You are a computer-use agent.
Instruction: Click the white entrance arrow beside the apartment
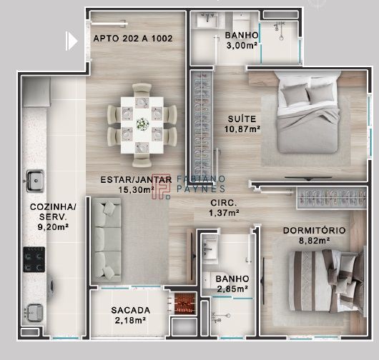(72, 41)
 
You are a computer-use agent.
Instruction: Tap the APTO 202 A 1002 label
(133, 39)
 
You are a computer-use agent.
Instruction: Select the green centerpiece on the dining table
(142, 124)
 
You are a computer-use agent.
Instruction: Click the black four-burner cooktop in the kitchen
(34, 259)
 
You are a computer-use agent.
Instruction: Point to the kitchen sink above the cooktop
(35, 181)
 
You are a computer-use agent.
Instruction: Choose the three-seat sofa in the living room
(107, 240)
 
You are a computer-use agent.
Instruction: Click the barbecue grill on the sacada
(184, 304)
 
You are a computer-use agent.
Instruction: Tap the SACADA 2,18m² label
(131, 315)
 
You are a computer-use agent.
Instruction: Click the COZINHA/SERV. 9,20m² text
(53, 217)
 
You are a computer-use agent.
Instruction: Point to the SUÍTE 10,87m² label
(242, 124)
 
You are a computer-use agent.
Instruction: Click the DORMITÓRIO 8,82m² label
(314, 236)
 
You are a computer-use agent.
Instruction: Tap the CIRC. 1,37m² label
(224, 208)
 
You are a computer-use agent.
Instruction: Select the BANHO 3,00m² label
(242, 40)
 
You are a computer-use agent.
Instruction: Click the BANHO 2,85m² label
(232, 284)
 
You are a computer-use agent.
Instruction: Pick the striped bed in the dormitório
(327, 281)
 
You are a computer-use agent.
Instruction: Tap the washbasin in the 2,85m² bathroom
(210, 249)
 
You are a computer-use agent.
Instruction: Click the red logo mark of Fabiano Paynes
(161, 186)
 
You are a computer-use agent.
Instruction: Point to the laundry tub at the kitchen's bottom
(34, 312)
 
